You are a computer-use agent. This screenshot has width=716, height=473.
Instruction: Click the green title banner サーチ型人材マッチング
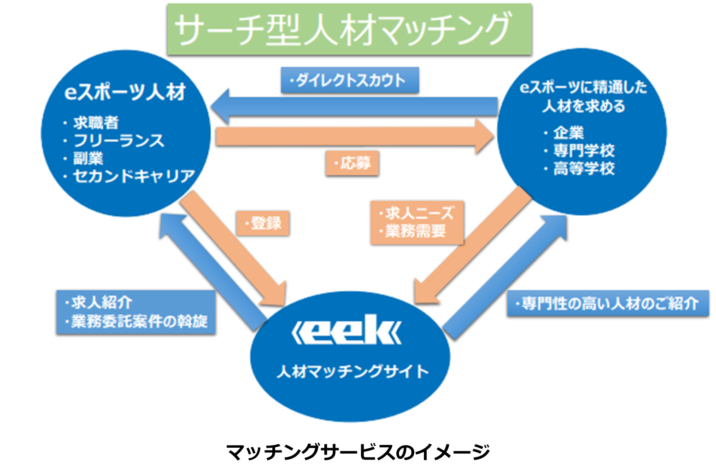[x=349, y=29]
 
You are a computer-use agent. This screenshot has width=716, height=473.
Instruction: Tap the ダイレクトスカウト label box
[x=350, y=81]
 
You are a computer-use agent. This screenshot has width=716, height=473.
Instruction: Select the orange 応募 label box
[x=352, y=163]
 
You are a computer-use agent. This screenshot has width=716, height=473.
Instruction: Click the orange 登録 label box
[x=263, y=223]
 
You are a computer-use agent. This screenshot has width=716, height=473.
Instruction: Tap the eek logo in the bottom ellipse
[x=347, y=330]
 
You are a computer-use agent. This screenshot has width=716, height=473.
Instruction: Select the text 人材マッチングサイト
[x=352, y=371]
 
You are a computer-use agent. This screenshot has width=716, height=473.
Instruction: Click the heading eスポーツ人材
[x=125, y=92]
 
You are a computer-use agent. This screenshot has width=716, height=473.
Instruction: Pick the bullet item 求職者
[x=96, y=122]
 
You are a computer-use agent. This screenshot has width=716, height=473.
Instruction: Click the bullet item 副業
[x=88, y=158]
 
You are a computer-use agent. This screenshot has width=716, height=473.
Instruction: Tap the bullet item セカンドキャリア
[x=134, y=176]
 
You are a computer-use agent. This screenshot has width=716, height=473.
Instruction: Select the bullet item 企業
[x=569, y=133]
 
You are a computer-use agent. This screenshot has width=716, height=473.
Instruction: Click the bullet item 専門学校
[x=584, y=150]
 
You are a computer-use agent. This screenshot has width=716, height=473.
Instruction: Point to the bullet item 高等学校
[x=584, y=168]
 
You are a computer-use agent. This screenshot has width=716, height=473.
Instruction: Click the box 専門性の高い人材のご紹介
[x=607, y=303]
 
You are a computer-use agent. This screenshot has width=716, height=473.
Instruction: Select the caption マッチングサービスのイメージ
[x=358, y=451]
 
